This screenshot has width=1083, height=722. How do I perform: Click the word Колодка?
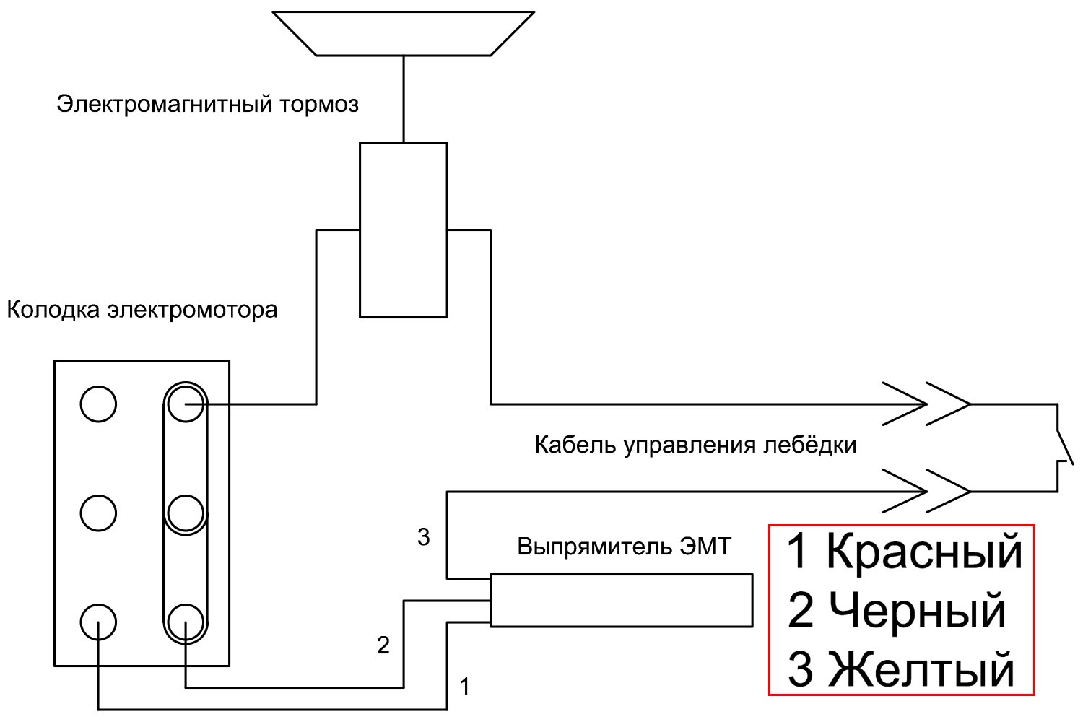(53, 310)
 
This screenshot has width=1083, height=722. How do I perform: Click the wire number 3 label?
(424, 537)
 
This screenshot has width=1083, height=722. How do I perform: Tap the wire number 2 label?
(383, 645)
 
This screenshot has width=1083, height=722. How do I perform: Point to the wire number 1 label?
(465, 686)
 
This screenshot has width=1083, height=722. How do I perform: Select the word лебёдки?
(809, 445)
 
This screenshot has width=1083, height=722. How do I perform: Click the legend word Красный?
(924, 552)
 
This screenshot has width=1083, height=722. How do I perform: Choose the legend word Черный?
(918, 611)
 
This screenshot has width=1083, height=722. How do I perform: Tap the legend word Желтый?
(921, 669)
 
